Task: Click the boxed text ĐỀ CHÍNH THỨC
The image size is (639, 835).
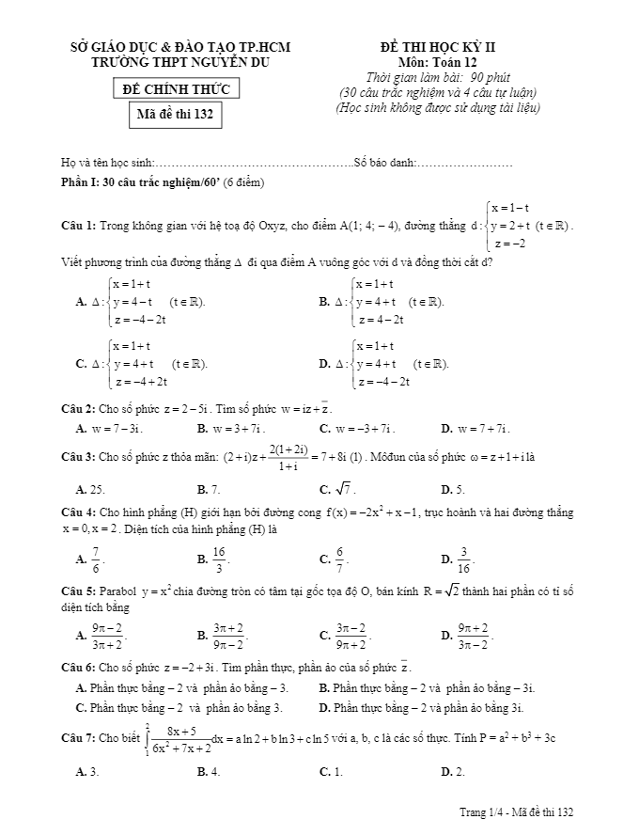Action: coord(174,88)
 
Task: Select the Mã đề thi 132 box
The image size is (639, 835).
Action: coord(174,116)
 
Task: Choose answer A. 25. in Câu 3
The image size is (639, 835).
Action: coord(90,489)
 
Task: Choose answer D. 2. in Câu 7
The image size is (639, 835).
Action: coord(453,771)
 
